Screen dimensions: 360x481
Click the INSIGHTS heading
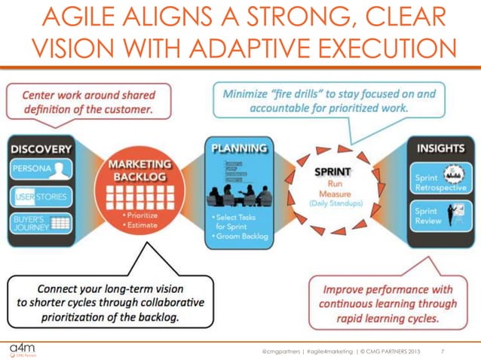[x=440, y=148]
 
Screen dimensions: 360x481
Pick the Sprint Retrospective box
[x=440, y=178]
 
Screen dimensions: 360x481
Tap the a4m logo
[x=22, y=348]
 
